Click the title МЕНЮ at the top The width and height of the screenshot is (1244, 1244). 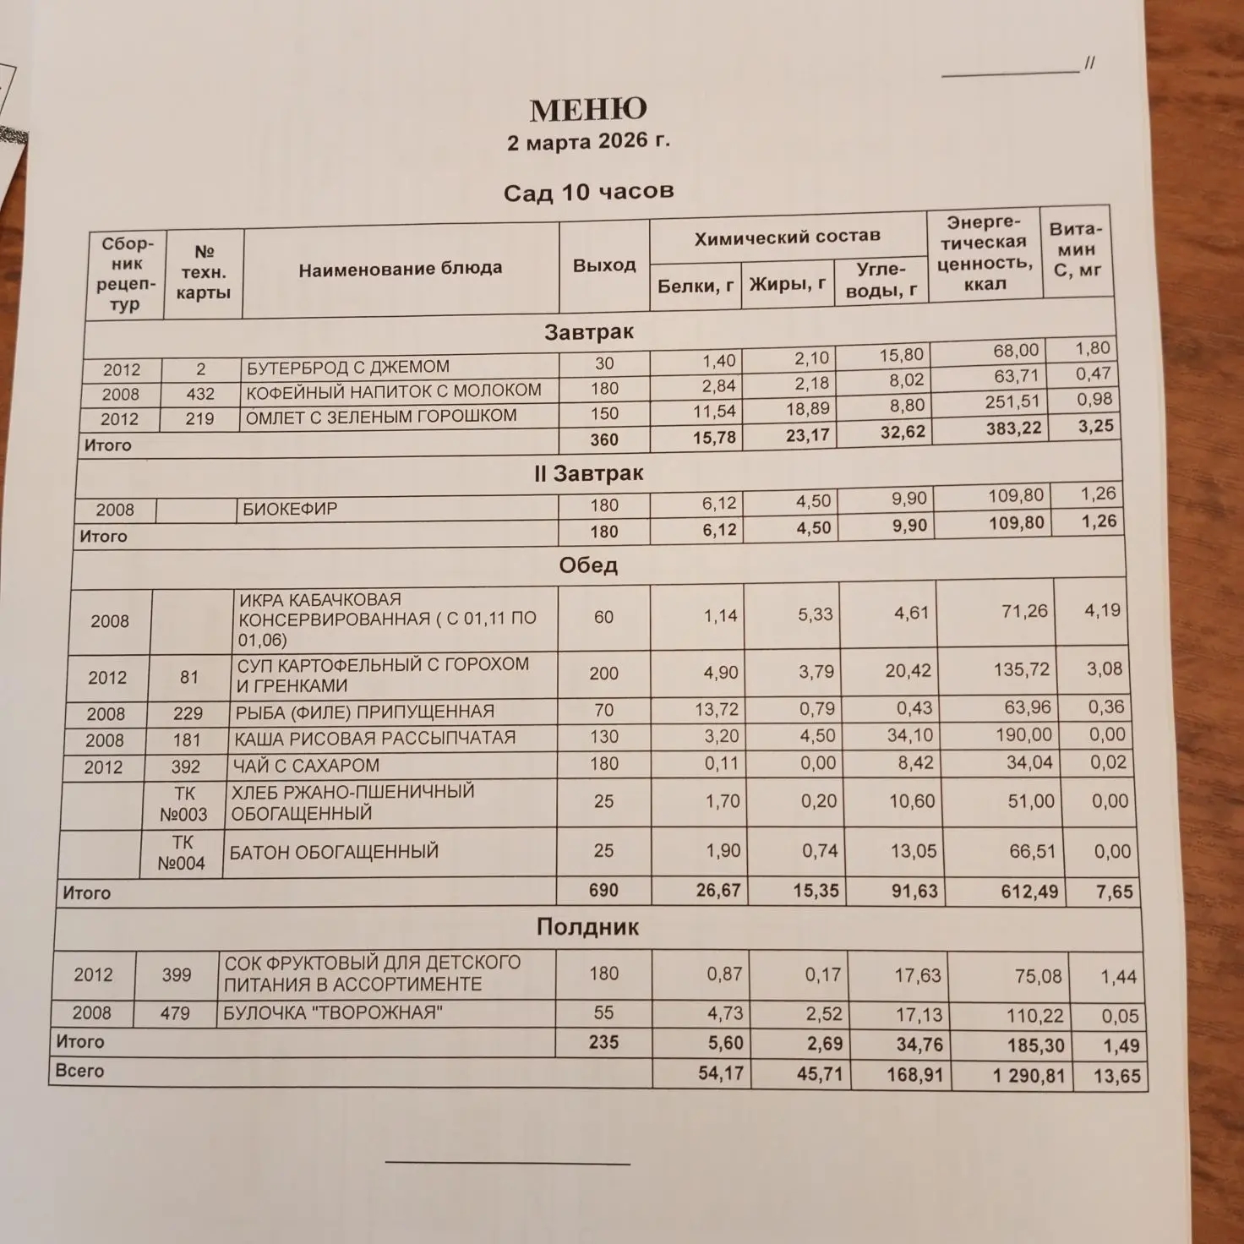tap(588, 110)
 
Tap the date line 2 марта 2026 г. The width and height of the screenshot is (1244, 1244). tap(588, 141)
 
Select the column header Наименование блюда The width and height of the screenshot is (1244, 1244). tap(400, 269)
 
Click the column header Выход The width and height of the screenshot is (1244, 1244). tap(603, 265)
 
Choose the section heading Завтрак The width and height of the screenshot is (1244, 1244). tap(588, 332)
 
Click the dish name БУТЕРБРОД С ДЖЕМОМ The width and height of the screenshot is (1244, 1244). tap(347, 368)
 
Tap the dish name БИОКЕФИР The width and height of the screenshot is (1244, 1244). tap(290, 509)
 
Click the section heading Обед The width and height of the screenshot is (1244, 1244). tap(587, 565)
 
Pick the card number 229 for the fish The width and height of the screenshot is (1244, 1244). tap(188, 713)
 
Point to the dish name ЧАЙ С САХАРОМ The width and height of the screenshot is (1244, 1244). tap(306, 766)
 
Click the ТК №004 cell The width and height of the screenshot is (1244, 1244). tap(181, 853)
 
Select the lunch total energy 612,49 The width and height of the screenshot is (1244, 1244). tap(1028, 892)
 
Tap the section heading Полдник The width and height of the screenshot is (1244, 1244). tap(587, 927)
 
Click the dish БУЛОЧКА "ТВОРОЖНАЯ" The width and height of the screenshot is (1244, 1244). tap(332, 1012)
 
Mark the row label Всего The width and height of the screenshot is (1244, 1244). tap(79, 1071)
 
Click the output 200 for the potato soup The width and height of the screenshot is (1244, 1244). tap(603, 674)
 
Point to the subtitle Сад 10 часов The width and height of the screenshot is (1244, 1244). tap(588, 192)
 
